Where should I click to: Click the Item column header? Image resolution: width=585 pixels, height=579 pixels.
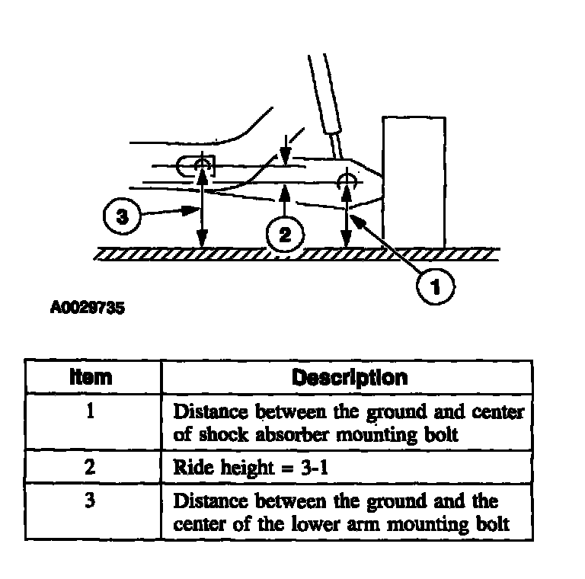click(91, 377)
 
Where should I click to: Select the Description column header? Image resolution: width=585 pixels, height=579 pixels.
click(350, 377)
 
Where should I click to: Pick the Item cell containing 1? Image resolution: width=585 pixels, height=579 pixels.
click(91, 411)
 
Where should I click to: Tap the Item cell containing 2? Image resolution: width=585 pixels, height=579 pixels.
click(91, 467)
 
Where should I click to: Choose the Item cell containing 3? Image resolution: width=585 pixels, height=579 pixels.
click(91, 501)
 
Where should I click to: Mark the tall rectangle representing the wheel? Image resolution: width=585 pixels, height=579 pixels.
click(414, 181)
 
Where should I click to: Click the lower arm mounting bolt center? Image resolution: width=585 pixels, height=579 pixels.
click(202, 165)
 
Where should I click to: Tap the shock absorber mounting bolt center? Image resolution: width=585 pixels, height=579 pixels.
click(347, 181)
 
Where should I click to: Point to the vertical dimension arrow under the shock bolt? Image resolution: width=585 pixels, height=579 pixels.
click(347, 221)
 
